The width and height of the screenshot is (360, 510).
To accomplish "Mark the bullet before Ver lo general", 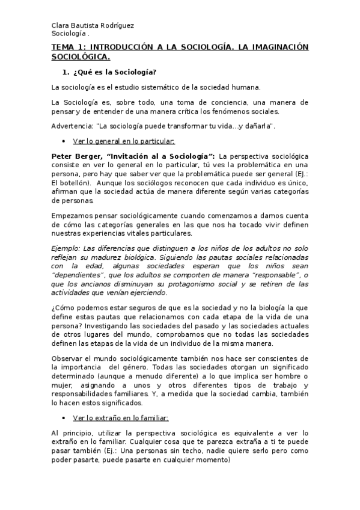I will (x=63, y=141).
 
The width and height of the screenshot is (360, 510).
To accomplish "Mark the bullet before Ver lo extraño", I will (x=63, y=417).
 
